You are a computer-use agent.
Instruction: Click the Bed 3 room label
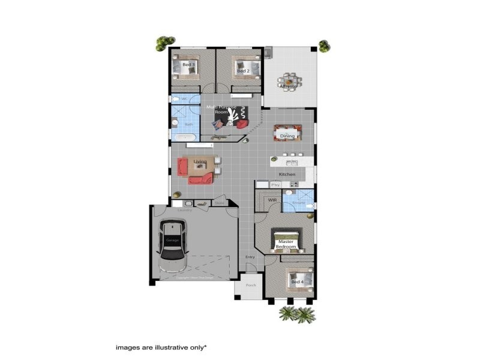[x=188, y=64]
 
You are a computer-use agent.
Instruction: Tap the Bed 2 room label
[x=242, y=71]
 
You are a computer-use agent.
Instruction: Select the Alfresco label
[x=289, y=86]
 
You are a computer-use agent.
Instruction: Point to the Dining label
[x=287, y=136]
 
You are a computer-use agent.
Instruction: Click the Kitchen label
[x=287, y=174]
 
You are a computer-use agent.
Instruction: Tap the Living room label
[x=200, y=161]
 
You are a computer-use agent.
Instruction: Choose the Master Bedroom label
[x=286, y=244]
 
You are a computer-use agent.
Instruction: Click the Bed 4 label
[x=296, y=281]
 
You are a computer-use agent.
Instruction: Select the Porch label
[x=251, y=285]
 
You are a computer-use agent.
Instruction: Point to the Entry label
[x=250, y=257]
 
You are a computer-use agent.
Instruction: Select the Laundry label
[x=184, y=211]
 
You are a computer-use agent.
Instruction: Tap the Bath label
[x=188, y=124]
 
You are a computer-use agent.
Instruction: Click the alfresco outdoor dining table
[x=289, y=80]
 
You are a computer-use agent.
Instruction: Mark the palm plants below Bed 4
[x=298, y=314]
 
